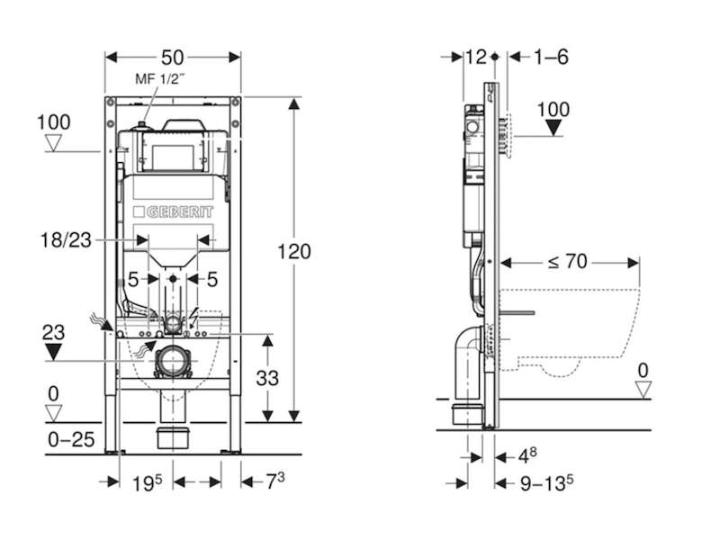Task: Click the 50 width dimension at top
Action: coord(173,58)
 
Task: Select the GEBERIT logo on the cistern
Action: coord(173,211)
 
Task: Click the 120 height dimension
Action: coord(294,252)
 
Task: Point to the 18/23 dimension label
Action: coord(66,240)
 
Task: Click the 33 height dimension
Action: coord(267,378)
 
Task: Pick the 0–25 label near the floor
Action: coord(71,440)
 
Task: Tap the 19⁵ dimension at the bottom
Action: coord(147,482)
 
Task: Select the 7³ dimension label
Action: coord(275,481)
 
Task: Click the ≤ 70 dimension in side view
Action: coord(568,262)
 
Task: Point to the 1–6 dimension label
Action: coord(551,57)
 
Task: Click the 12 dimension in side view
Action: coord(476,57)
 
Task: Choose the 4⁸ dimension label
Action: coord(527,456)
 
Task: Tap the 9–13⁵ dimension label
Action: coord(546,483)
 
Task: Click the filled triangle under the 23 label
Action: coord(53,352)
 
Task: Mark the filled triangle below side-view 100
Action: coord(553,127)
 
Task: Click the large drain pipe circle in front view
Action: coord(173,361)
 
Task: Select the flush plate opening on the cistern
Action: coord(173,157)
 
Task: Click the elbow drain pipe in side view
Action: coord(467,363)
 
